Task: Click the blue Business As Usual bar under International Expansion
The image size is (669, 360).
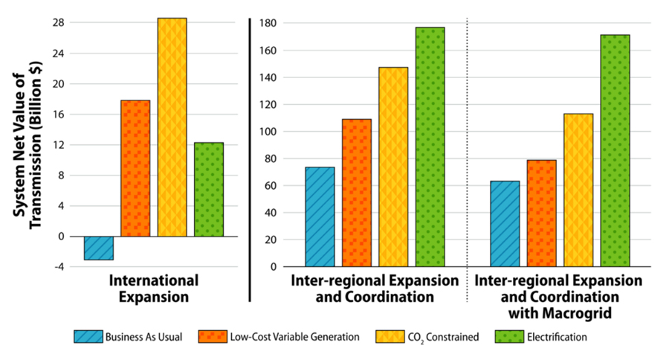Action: (98, 248)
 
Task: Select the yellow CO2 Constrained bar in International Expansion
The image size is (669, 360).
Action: (172, 127)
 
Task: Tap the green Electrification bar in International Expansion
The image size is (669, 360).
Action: (209, 189)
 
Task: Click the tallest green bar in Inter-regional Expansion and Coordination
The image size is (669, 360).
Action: (430, 147)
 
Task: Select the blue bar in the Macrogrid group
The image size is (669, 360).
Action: (505, 223)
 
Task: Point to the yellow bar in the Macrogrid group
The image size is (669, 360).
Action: (578, 190)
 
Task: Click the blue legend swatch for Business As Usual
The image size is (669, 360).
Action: (88, 336)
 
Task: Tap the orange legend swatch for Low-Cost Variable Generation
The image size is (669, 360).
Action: (213, 336)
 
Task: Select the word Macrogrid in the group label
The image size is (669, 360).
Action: (578, 314)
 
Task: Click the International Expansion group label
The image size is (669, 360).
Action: (154, 289)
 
